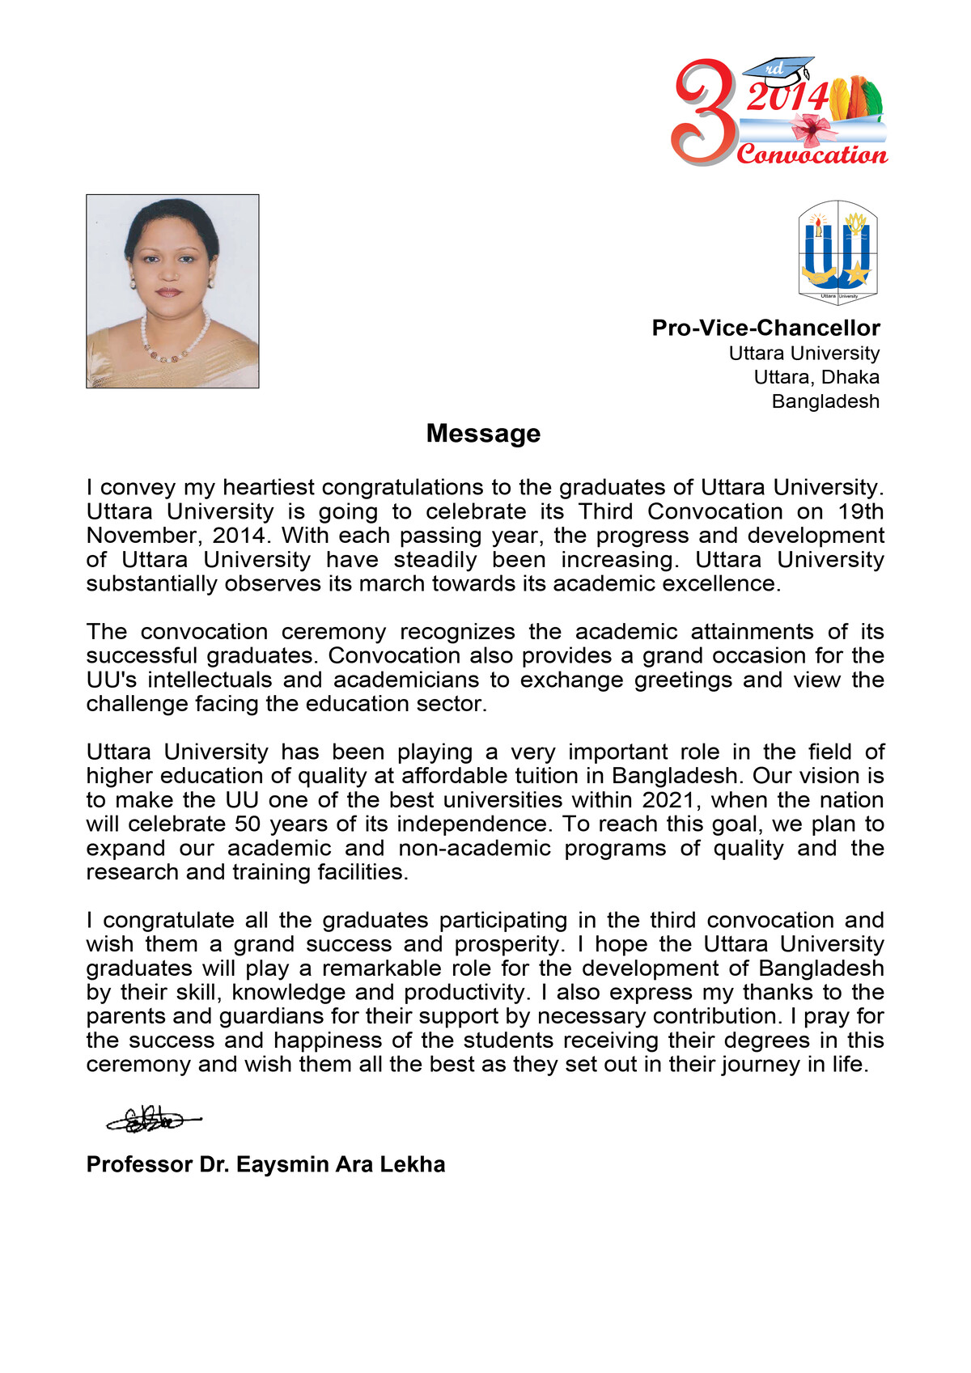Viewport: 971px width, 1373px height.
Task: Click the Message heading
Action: coord(483,434)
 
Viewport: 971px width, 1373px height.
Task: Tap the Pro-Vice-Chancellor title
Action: coord(765,328)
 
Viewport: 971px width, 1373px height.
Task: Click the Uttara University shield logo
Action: coord(838,252)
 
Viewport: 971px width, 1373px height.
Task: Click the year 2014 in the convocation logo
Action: coord(787,98)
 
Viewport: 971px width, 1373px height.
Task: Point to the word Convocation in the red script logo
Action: coord(812,154)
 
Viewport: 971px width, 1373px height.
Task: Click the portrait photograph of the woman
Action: coord(172,291)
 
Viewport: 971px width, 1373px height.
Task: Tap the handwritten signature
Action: coord(151,1120)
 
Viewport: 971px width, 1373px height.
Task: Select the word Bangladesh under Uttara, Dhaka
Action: coord(825,401)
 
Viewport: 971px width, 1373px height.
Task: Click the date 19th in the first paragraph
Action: coord(861,511)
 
